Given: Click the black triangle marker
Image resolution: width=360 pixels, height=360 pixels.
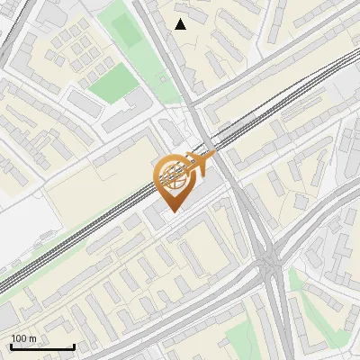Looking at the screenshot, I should pos(181,24).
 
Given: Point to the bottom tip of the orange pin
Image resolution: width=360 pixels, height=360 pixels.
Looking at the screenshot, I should pos(172,211).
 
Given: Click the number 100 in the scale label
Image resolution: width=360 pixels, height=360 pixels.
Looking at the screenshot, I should pos(19,338).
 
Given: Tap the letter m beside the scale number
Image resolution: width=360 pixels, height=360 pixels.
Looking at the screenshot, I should pos(32,338).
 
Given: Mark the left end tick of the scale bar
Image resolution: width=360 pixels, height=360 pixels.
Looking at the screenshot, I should pos(10,346).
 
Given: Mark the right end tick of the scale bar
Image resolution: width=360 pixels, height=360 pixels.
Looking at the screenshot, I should pos(73,346).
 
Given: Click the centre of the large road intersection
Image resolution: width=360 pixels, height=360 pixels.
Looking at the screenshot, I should pos(271,264).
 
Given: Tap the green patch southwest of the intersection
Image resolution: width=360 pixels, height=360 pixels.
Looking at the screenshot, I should pos(238,337).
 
